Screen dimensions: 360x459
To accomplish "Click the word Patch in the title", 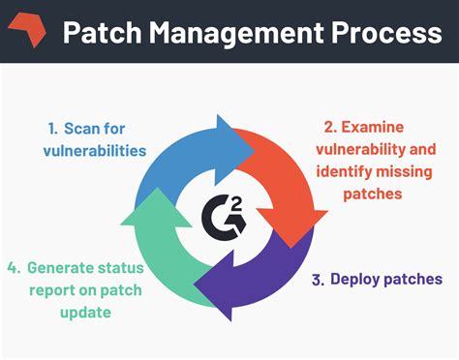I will tap(100, 32).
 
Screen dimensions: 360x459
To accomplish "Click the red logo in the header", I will tap(26, 32).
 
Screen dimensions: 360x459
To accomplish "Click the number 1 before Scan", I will tap(53, 128).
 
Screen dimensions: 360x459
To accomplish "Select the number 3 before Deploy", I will tap(318, 279).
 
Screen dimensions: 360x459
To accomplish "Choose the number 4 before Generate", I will tap(12, 267).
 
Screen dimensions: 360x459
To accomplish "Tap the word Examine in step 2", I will tap(379, 126).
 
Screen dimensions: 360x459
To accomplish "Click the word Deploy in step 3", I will tap(354, 279).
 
